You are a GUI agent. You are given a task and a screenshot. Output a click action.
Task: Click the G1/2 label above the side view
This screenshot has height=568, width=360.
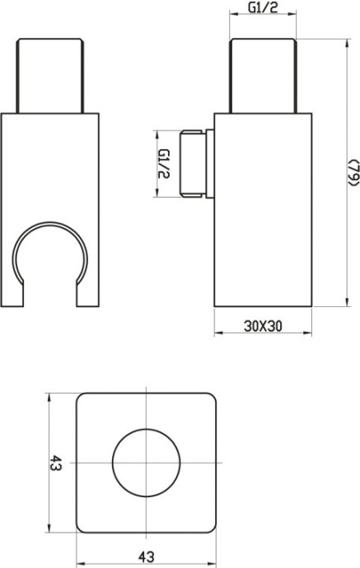(263, 9)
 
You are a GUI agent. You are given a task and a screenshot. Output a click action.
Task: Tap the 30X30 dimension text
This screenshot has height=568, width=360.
(263, 325)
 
